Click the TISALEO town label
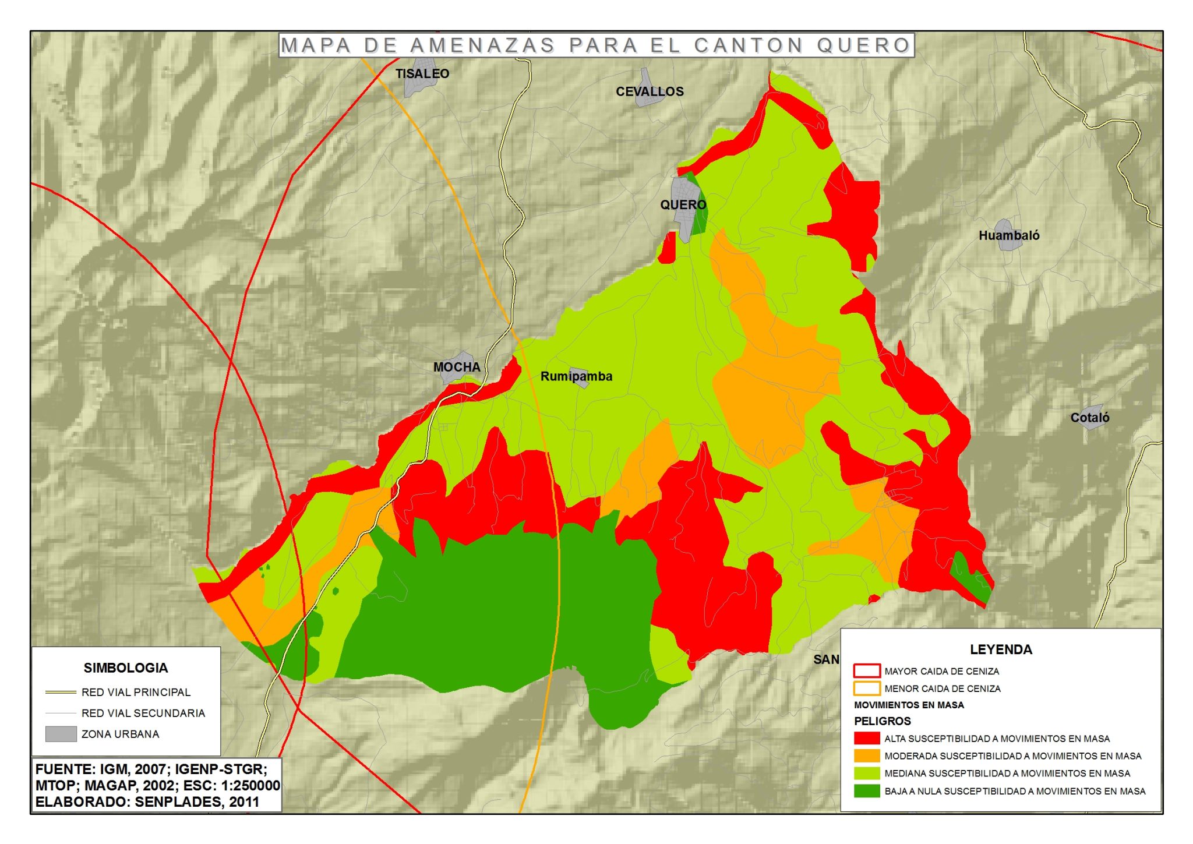[422, 74]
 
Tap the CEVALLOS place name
[650, 91]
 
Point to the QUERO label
[683, 205]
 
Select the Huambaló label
[1008, 235]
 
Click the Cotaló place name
[1089, 418]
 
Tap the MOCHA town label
[457, 368]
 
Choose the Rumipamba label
[576, 376]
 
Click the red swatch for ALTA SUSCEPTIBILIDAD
[866, 739]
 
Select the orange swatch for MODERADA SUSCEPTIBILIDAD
[866, 756]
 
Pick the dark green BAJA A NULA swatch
[866, 791]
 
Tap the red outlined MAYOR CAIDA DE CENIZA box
[866, 671]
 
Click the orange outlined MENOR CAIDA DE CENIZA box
[866, 688]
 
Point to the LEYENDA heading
[1000, 649]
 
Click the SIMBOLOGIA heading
[125, 668]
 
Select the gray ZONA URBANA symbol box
[61, 734]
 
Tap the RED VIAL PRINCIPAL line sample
[61, 693]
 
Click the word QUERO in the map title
[863, 45]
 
